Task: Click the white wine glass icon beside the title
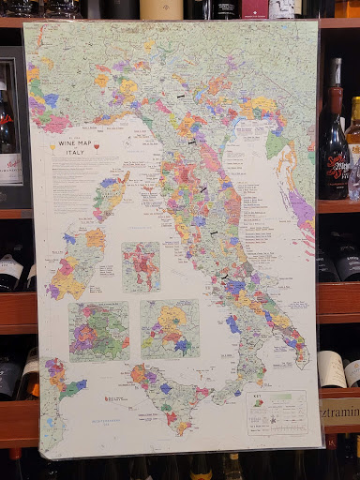coord(52,146)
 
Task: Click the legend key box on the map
coord(276,412)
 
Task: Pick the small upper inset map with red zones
coord(141,266)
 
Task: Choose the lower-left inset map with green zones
coord(98,330)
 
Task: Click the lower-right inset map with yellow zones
coord(170,329)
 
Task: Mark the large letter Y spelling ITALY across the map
coord(224,277)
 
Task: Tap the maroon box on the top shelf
coord(254,9)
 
